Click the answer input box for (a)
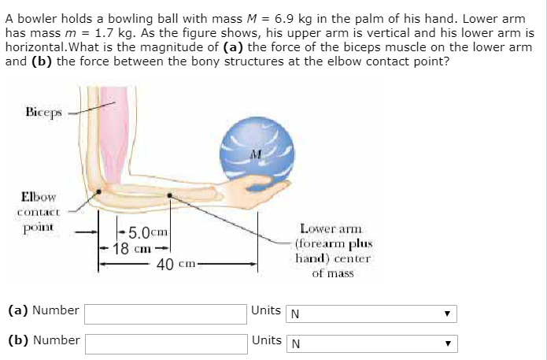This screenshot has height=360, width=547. tap(164, 314)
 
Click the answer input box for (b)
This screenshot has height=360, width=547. tap(164, 343)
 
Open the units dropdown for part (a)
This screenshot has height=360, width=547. tap(371, 314)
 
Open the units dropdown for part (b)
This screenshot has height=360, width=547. tap(371, 343)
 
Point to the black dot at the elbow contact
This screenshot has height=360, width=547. tap(98, 191)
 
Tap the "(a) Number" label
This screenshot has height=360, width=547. tap(43, 310)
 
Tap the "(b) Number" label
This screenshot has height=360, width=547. tap(43, 340)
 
